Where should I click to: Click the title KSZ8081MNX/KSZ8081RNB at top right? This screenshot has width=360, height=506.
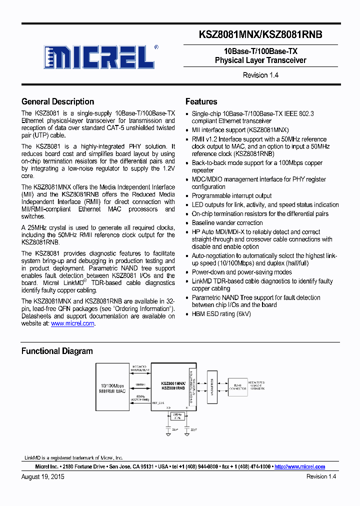pyautogui.click(x=260, y=34)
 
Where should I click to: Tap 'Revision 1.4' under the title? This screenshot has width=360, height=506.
pyautogui.click(x=260, y=75)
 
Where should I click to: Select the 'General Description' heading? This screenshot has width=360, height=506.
pyautogui.click(x=57, y=101)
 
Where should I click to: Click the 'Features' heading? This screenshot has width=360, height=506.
pyautogui.click(x=201, y=101)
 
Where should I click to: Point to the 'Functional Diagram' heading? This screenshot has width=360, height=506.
pyautogui.click(x=56, y=351)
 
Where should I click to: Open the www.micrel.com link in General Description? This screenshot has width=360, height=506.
pyautogui.click(x=72, y=323)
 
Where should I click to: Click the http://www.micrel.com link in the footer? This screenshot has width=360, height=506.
pyautogui.click(x=300, y=466)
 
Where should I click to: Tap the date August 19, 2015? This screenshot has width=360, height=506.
pyautogui.click(x=42, y=477)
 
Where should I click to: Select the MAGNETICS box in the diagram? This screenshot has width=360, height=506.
pyautogui.click(x=211, y=387)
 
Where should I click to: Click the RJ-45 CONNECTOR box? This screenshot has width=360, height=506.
pyautogui.click(x=238, y=387)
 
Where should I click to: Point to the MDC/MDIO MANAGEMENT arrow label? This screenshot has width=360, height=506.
pyautogui.click(x=139, y=369)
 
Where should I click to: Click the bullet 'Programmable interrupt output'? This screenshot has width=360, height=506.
pyautogui.click(x=231, y=196)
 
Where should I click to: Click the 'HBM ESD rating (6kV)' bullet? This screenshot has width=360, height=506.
pyautogui.click(x=221, y=314)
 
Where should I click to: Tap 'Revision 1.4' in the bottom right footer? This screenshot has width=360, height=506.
pyautogui.click(x=321, y=477)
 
